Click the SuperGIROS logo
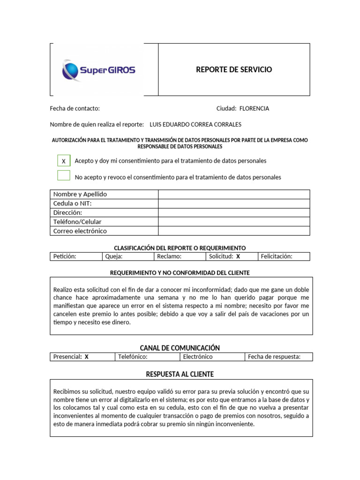[99, 71]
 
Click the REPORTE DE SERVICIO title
[233, 69]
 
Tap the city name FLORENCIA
[254, 108]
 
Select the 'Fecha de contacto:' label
[75, 108]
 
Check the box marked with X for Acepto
[64, 161]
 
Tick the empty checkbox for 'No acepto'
[64, 176]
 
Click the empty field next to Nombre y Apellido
[234, 194]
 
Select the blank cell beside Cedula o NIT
[234, 203]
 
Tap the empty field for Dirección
[234, 212]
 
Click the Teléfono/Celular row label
[77, 222]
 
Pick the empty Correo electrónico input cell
[234, 231]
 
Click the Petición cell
[75, 256]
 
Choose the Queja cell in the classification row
[127, 256]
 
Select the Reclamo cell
[179, 256]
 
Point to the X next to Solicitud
[238, 256]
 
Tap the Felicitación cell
[284, 256]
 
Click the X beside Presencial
[86, 357]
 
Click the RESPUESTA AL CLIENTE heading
[180, 374]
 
